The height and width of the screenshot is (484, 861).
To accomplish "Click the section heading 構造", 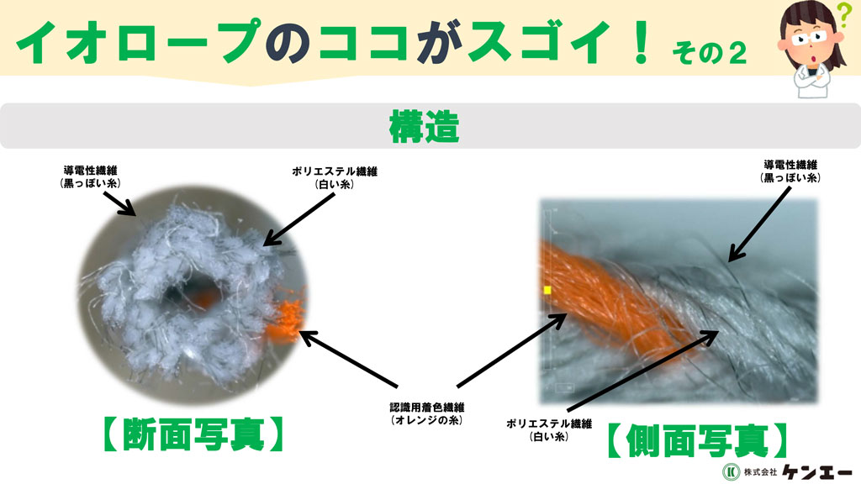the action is pyautogui.click(x=424, y=126).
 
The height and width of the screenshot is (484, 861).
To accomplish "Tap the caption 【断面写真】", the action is pyautogui.click(x=193, y=434).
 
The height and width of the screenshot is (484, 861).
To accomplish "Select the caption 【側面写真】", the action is pyautogui.click(x=697, y=440).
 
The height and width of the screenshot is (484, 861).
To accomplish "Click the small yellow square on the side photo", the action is pyautogui.click(x=547, y=290).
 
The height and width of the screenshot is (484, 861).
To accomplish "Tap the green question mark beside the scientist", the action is pyautogui.click(x=843, y=15).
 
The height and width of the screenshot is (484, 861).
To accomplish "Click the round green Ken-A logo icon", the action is pyautogui.click(x=731, y=471).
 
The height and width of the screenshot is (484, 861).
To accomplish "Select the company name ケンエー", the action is pyautogui.click(x=817, y=471).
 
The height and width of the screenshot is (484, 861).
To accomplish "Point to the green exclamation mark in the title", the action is pyautogui.click(x=641, y=41).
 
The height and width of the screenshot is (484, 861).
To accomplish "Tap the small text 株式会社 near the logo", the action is pyautogui.click(x=760, y=471).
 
